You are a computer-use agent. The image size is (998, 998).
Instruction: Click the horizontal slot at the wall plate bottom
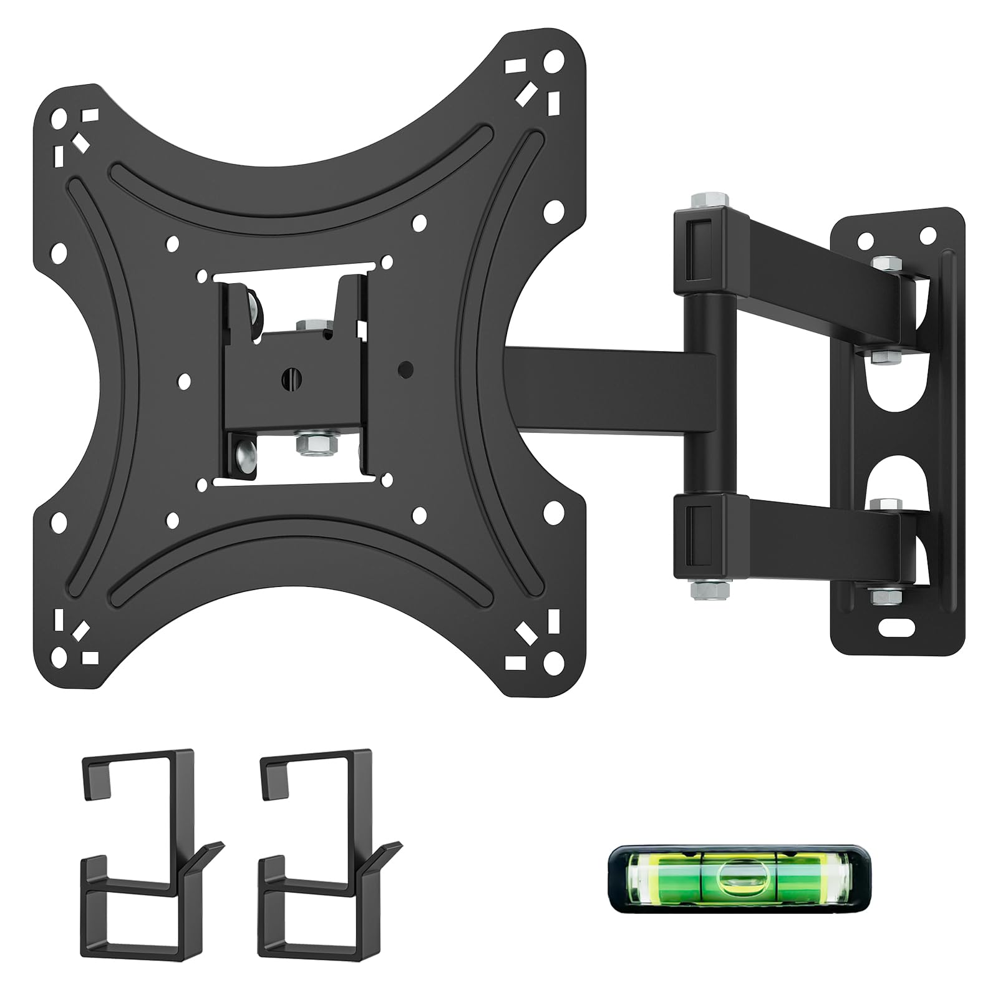[896, 623]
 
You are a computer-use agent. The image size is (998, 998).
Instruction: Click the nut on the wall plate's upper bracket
[882, 264]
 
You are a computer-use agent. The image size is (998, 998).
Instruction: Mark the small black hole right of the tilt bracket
[405, 369]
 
